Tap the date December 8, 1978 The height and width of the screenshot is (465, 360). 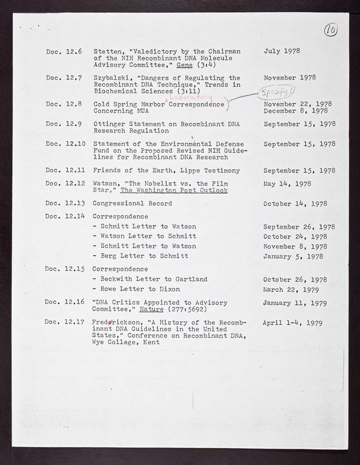(x=299, y=110)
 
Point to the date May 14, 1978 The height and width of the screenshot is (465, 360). (x=287, y=184)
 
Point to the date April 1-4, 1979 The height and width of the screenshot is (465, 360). (x=293, y=321)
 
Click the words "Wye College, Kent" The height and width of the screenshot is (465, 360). (x=125, y=342)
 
